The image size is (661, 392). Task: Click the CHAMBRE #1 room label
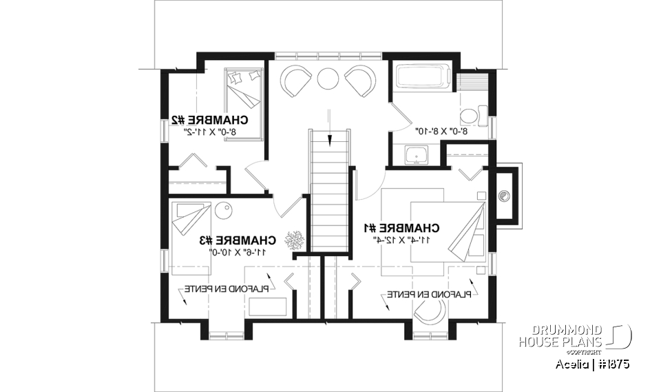pos(400,227)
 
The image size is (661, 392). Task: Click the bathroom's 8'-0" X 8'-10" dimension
pos(441,130)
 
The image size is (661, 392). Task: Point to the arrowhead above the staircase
pos(330,142)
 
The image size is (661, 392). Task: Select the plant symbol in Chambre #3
pos(297,240)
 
